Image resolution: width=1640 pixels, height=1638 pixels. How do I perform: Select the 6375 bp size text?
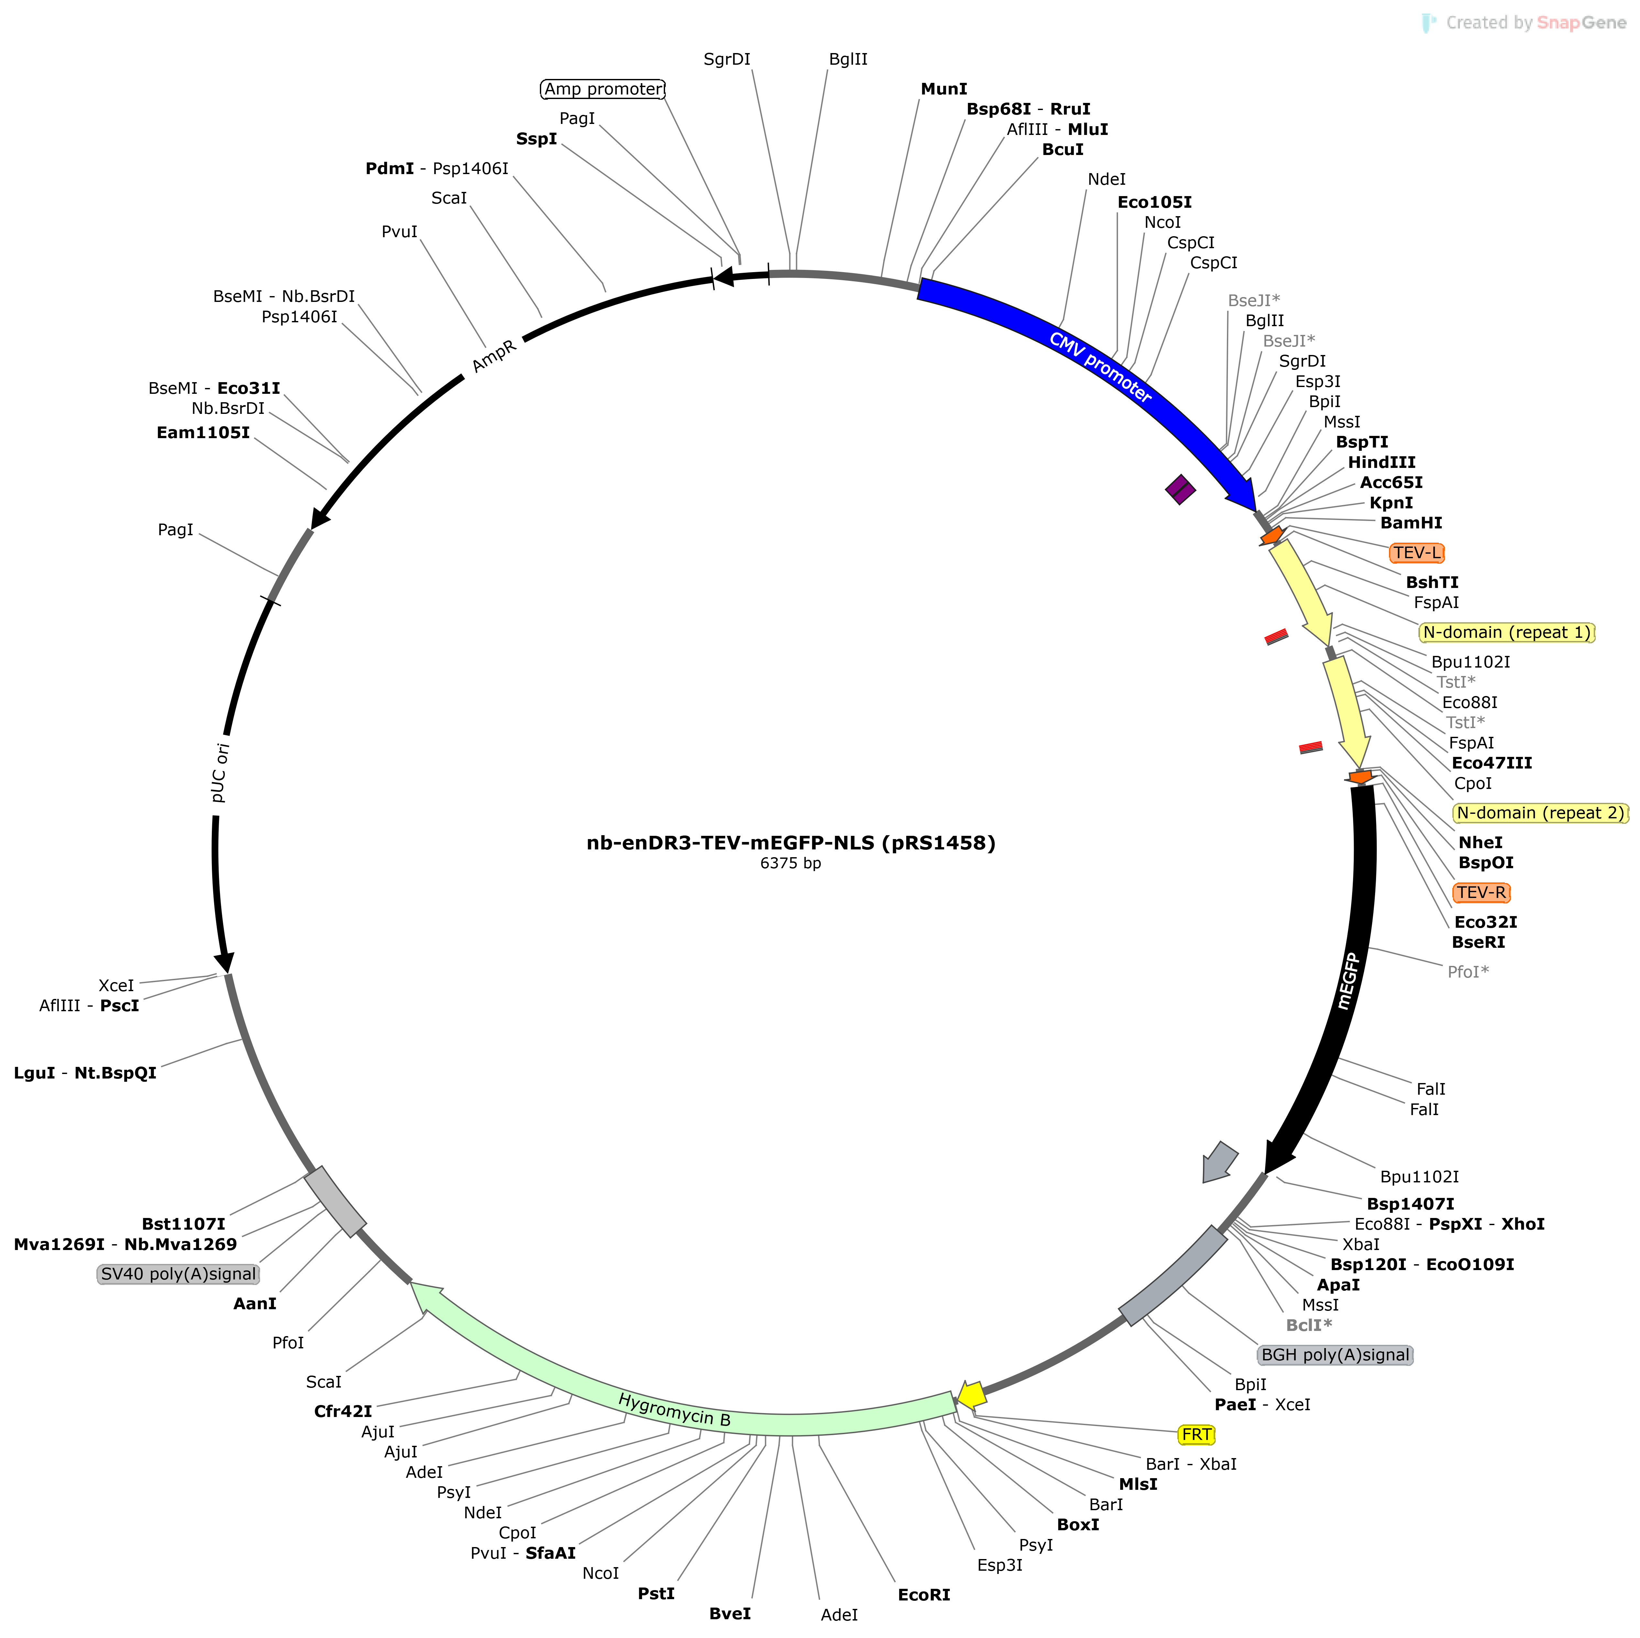click(x=790, y=864)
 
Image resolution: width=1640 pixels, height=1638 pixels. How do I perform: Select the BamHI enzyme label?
click(x=1411, y=523)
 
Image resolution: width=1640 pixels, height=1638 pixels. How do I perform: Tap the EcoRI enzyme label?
click(x=924, y=1595)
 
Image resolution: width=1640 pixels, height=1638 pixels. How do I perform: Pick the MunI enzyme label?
click(x=944, y=89)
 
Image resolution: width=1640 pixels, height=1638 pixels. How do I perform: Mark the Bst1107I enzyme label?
click(x=183, y=1223)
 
